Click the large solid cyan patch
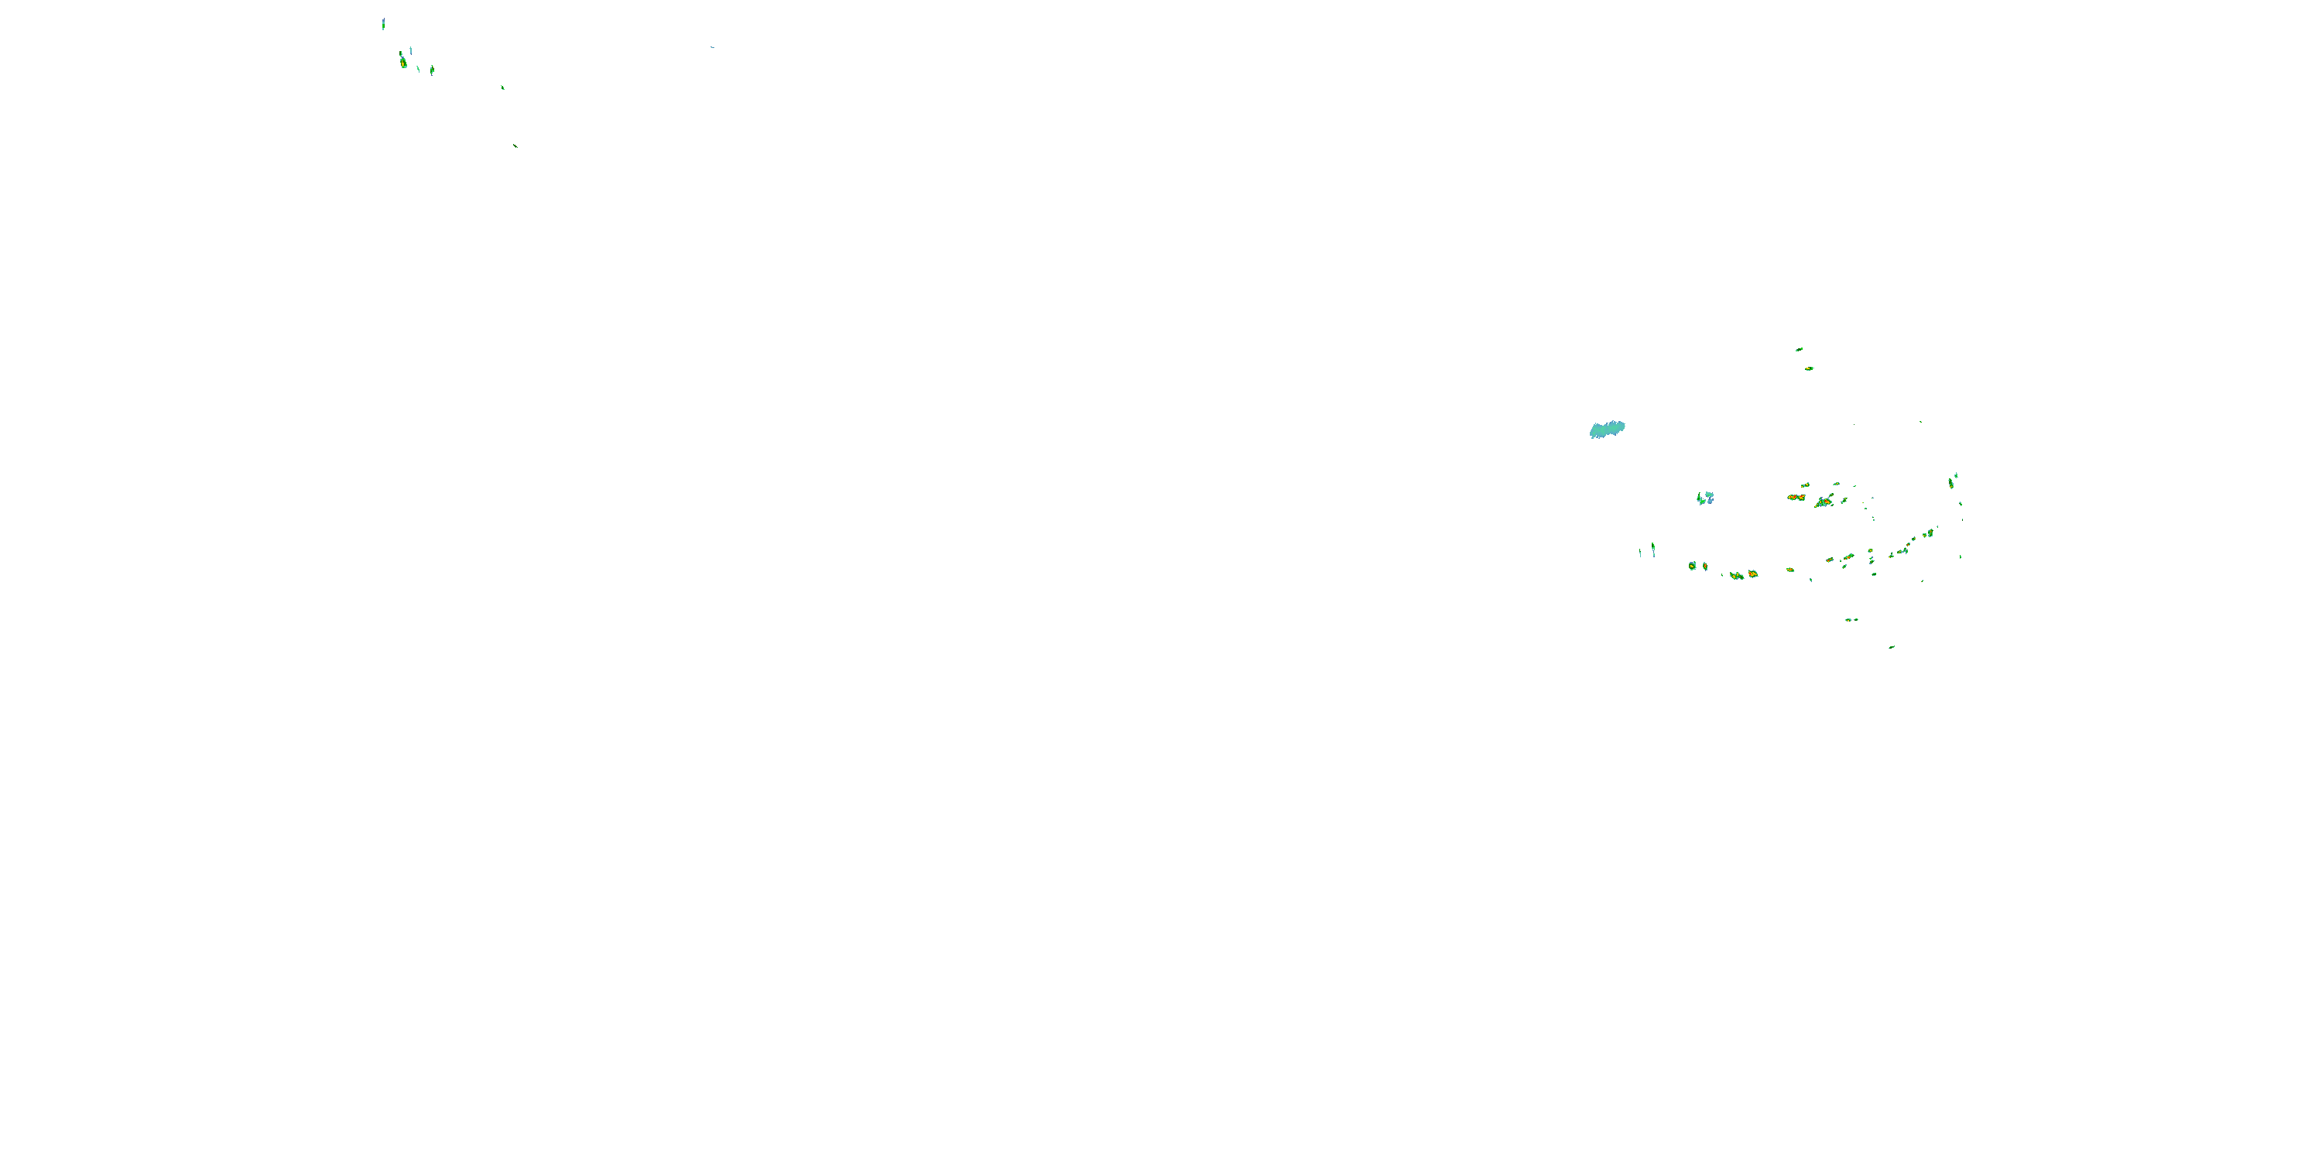[1606, 429]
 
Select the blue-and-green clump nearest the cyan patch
[1704, 498]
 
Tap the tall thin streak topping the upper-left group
[383, 23]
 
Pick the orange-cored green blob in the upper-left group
[403, 62]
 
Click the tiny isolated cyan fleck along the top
[712, 47]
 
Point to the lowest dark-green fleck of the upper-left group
[515, 146]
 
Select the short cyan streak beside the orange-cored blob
[411, 50]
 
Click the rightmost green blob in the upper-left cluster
[432, 70]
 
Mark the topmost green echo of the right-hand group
[1798, 349]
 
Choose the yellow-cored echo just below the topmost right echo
[1808, 368]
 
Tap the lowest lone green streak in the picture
[1891, 646]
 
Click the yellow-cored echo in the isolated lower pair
[1850, 619]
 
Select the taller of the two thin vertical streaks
[1652, 548]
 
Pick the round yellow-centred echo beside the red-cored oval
[1692, 566]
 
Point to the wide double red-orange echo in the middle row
[1796, 497]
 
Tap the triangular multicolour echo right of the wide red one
[1824, 502]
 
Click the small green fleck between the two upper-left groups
[502, 87]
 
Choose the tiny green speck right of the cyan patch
[1920, 421]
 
